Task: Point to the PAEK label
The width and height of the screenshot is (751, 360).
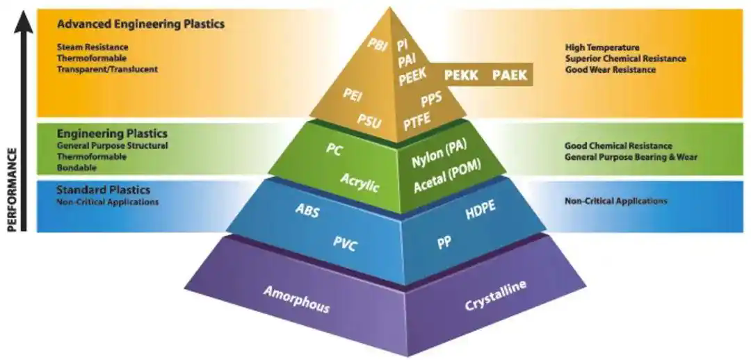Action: coord(510,74)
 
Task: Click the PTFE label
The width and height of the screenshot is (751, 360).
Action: coord(417,121)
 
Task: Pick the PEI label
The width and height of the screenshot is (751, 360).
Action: coord(353,95)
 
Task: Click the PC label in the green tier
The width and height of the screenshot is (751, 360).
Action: coord(334,149)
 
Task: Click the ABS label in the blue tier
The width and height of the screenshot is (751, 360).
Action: coord(307,211)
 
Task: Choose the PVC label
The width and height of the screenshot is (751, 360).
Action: coord(344,243)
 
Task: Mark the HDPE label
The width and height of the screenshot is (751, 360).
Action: coord(481,211)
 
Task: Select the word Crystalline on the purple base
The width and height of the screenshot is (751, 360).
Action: coord(495,296)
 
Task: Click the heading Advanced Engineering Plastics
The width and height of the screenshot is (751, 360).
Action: coord(140,24)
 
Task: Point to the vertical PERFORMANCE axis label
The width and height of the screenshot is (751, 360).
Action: coord(12,188)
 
